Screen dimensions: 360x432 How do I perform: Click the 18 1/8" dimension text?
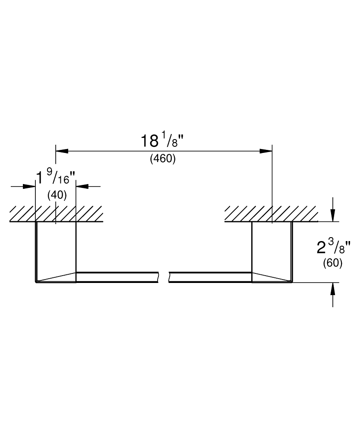click(162, 141)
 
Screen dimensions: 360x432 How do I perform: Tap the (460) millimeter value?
click(163, 159)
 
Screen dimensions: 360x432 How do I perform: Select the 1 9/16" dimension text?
click(56, 177)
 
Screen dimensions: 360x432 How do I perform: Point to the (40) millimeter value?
click(57, 195)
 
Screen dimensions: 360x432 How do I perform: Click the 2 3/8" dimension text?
click(334, 246)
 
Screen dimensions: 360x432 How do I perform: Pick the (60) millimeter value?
click(332, 263)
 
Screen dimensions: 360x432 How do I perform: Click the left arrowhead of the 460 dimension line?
click(62, 151)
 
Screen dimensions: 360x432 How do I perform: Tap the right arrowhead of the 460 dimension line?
click(266, 151)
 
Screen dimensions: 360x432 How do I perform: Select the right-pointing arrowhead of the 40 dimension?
click(29, 187)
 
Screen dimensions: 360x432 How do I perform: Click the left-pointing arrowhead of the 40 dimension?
click(82, 187)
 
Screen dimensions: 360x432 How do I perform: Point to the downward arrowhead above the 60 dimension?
click(333, 216)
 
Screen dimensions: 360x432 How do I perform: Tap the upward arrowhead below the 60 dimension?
click(333, 289)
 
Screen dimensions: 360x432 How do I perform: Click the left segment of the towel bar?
click(117, 277)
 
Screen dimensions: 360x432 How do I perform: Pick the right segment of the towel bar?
click(211, 277)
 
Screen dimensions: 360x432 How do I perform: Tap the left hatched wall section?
click(56, 214)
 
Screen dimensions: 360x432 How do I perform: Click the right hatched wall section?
click(272, 214)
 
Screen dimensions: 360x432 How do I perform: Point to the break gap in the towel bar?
click(164, 277)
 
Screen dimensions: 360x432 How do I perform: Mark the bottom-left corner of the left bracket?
click(36, 283)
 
